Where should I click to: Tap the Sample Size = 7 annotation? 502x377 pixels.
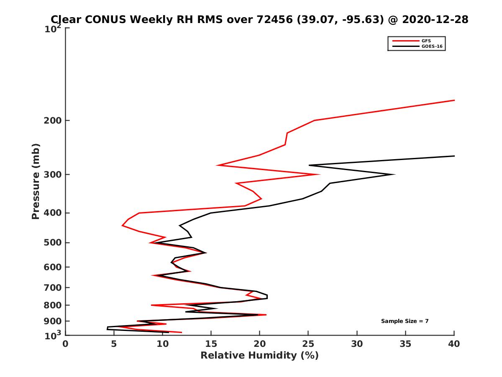click(405, 321)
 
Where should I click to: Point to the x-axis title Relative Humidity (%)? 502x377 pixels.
click(259, 356)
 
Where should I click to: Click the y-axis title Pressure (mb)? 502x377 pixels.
click(36, 181)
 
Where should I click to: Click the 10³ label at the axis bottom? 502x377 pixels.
click(54, 336)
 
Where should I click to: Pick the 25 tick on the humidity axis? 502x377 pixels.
click(308, 344)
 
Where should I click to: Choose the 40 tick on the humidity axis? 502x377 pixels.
click(454, 344)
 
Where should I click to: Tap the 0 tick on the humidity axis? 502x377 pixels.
click(66, 344)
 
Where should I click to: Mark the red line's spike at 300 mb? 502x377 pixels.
click(320, 175)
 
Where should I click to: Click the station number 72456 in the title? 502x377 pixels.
click(273, 20)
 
